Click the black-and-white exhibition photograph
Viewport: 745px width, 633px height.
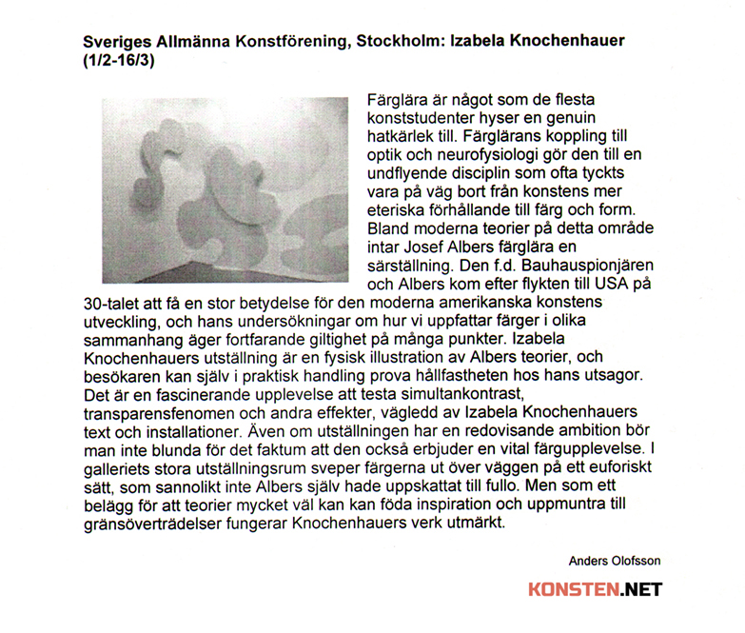(225, 188)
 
